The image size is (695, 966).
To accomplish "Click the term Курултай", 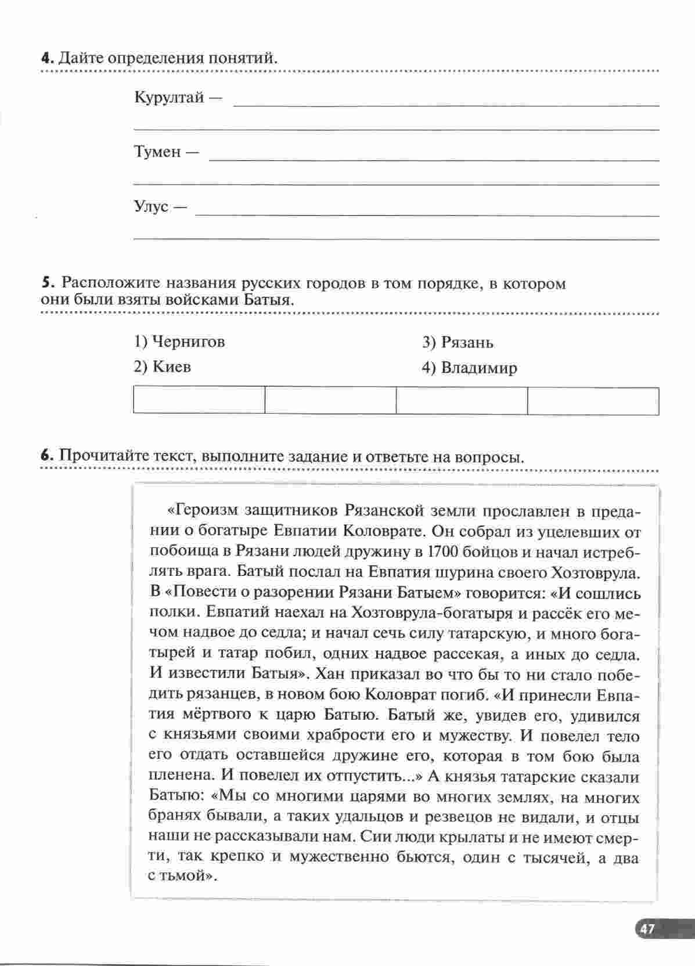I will (169, 97).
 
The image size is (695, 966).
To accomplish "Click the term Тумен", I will (157, 152).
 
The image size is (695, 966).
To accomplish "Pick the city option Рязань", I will (458, 343).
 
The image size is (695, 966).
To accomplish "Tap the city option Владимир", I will (470, 368).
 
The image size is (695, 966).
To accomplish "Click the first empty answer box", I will (199, 401).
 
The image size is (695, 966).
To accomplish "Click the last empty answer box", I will (593, 401).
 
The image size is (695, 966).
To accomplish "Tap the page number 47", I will (647, 929).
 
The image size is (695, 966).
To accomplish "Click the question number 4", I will (47, 58).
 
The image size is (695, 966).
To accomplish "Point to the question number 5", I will (47, 283).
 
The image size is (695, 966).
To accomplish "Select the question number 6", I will (47, 456).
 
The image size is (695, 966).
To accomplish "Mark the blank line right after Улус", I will (427, 215).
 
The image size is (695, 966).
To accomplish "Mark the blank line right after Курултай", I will (446, 105).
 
